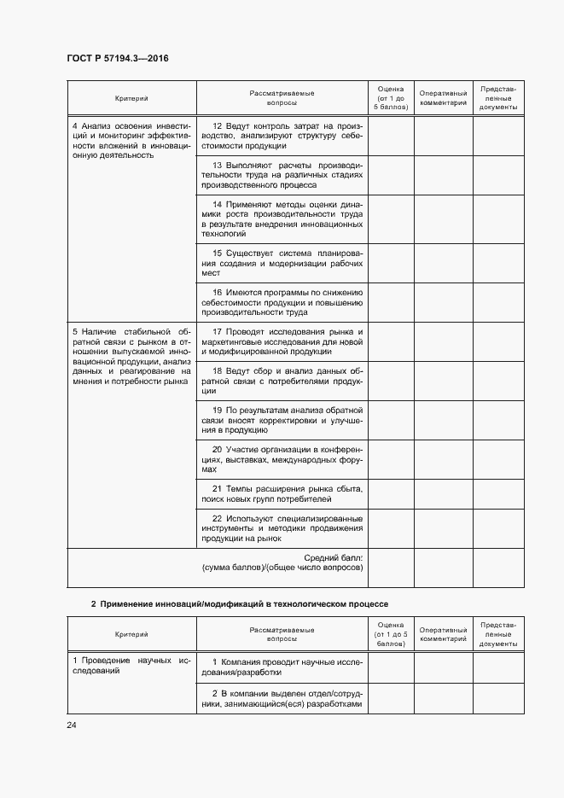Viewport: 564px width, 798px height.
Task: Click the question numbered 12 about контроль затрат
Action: [x=282, y=136]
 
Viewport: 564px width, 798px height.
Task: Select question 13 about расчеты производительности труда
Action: [x=282, y=174]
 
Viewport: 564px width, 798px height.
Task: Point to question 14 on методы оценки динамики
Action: [x=282, y=218]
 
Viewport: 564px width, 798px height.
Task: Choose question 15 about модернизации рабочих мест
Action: [x=282, y=262]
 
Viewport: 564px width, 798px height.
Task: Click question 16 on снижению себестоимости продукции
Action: [x=282, y=301]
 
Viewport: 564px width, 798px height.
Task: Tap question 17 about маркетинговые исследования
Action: [x=282, y=341]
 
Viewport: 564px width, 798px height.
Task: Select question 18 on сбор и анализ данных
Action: [x=282, y=380]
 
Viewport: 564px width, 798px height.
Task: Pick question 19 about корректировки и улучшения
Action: [x=282, y=420]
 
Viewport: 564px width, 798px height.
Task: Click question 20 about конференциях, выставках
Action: [x=282, y=459]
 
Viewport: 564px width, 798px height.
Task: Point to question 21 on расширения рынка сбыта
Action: [x=282, y=493]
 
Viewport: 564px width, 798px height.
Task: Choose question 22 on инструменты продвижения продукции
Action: [x=282, y=527]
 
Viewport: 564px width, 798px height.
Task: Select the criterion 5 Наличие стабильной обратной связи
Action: [x=131, y=356]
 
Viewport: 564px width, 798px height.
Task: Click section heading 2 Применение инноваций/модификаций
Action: [x=239, y=604]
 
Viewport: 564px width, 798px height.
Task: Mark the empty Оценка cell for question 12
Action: [x=391, y=136]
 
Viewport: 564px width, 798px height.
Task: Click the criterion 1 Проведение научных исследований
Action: [x=131, y=666]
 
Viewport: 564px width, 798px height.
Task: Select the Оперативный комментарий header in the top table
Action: [x=443, y=98]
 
